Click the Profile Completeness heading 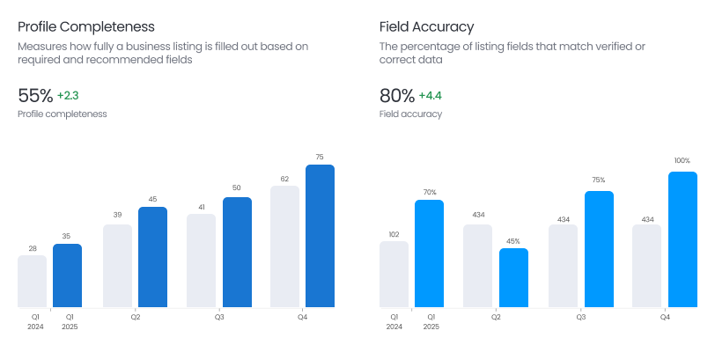[x=86, y=26]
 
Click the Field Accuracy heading [x=426, y=26]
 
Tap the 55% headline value [x=35, y=96]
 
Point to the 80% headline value [x=397, y=96]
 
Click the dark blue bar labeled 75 [x=320, y=236]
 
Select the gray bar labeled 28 [x=33, y=281]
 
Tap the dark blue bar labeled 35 [x=67, y=276]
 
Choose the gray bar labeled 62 [x=285, y=246]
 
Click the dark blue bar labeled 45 [x=152, y=257]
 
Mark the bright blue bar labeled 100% [x=682, y=239]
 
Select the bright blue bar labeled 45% [x=513, y=277]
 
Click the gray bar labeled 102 [x=394, y=274]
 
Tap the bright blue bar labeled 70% [x=430, y=253]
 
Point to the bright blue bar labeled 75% [x=599, y=249]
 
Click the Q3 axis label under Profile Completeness [x=219, y=317]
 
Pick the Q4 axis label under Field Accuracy [x=665, y=317]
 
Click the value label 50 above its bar [x=237, y=187]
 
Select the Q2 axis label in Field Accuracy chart [x=496, y=317]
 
